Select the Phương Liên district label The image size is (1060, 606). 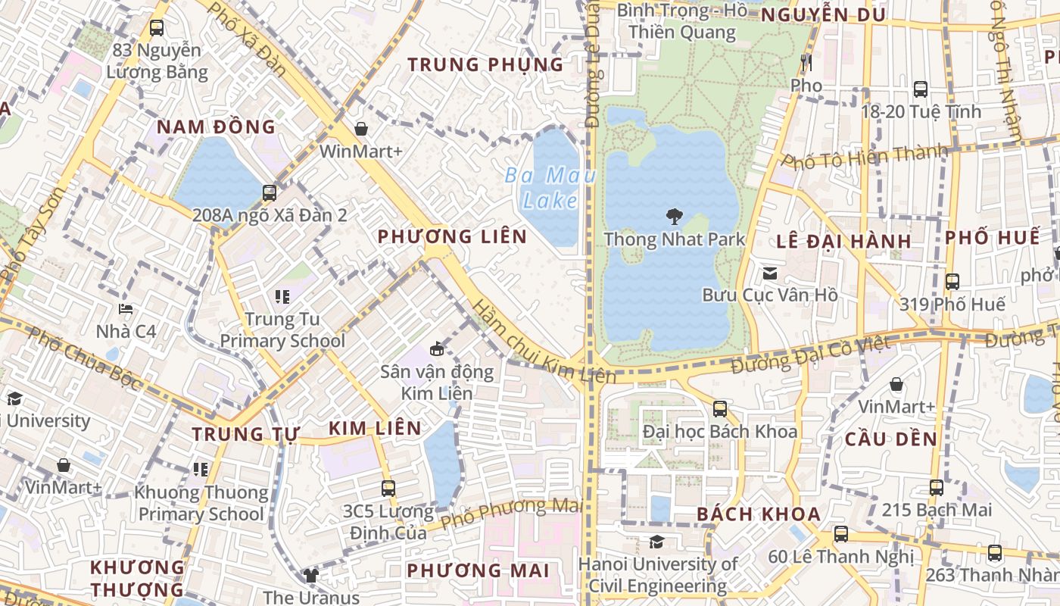[x=452, y=236]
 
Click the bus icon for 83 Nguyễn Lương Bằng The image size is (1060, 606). [x=157, y=28]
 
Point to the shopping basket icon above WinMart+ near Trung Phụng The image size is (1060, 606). [x=361, y=129]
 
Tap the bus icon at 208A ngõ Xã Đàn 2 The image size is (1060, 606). [x=270, y=192]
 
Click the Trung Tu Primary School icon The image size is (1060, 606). [x=282, y=297]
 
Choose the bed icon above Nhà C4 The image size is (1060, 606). [x=126, y=309]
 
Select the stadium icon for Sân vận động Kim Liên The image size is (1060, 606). [x=436, y=349]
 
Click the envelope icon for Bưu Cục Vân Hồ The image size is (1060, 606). [x=770, y=273]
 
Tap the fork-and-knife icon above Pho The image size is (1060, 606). [x=806, y=62]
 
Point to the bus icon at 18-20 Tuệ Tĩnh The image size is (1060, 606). [x=921, y=89]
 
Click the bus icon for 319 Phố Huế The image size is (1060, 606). [x=952, y=282]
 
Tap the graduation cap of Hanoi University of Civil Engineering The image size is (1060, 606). [x=656, y=542]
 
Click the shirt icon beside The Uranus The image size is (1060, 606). [x=310, y=575]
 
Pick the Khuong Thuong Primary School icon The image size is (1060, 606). [x=201, y=470]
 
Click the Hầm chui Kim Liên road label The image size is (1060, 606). [x=541, y=342]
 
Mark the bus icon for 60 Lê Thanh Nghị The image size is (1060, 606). [x=840, y=533]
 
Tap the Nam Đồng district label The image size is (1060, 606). [x=216, y=127]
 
